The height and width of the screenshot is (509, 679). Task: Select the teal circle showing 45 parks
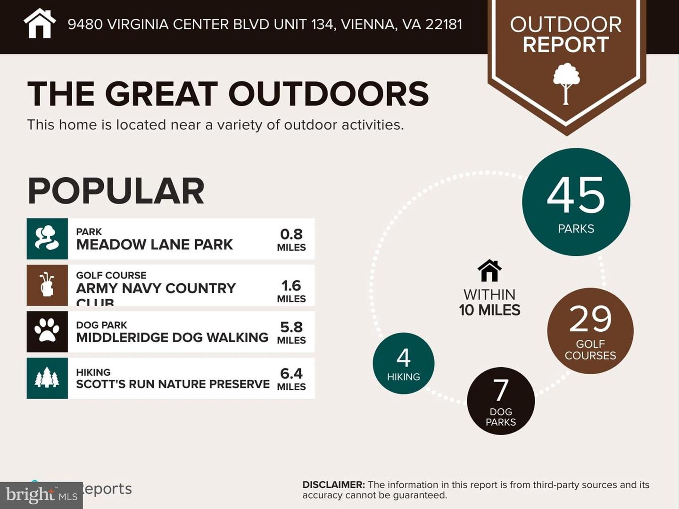tap(576, 202)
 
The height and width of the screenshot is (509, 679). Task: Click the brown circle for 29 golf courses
tap(590, 331)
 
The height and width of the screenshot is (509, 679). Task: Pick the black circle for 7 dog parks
tap(501, 401)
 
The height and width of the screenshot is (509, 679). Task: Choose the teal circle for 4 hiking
tap(403, 363)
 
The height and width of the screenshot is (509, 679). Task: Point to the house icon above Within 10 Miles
tap(489, 271)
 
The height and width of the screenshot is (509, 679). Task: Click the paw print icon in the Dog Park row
tap(47, 331)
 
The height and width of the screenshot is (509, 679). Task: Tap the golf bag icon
tap(47, 285)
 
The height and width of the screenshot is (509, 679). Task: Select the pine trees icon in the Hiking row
tap(47, 378)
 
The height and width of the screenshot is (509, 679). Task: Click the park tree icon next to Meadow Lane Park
tap(47, 238)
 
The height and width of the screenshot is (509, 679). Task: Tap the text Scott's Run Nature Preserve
tap(173, 384)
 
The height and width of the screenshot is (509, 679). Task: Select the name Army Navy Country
tap(156, 288)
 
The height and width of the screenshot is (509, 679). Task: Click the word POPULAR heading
tap(116, 191)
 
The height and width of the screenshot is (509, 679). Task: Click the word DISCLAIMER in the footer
tap(333, 484)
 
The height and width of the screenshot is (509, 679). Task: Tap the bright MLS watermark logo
tap(41, 495)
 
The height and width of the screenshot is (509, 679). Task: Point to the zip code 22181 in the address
tap(443, 24)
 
